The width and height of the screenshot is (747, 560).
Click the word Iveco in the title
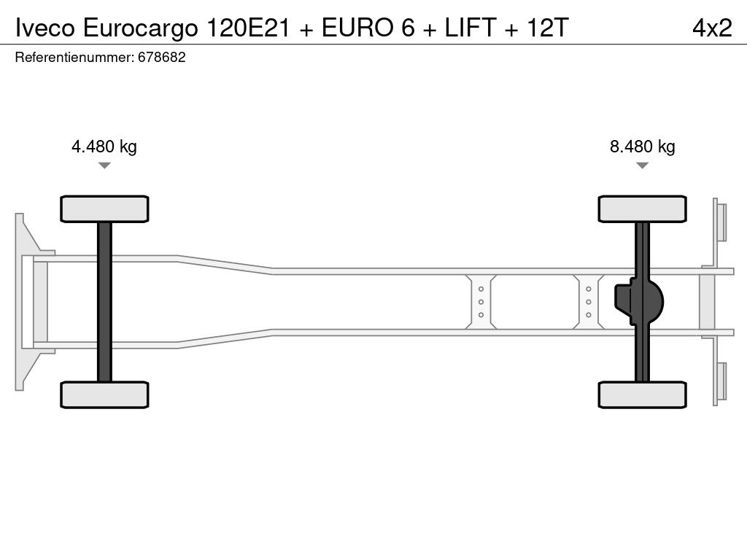coord(44,28)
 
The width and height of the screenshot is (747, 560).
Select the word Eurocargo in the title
coord(141,28)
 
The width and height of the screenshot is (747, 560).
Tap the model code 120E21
coord(248,28)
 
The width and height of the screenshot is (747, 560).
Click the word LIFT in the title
coord(471,28)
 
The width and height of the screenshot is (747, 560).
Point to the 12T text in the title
coord(547,28)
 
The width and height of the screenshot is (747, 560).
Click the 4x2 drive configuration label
coord(712,28)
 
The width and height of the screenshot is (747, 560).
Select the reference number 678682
coord(161,57)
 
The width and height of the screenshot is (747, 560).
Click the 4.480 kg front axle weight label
coord(104,147)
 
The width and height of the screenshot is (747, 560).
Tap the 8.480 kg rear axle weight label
coord(642,147)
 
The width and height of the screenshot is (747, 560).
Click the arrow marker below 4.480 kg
coord(104,166)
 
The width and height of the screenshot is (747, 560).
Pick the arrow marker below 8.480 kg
coord(642,166)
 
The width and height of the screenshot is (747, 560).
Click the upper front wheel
coord(104,209)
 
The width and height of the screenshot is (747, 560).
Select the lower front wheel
coord(104,394)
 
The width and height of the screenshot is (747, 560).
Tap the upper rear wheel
coord(642,209)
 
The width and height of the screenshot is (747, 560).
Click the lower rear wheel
coord(642,394)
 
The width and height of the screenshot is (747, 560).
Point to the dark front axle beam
coord(104,302)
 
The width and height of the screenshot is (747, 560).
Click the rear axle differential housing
coord(638,302)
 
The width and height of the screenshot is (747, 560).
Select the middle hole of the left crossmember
coord(481,302)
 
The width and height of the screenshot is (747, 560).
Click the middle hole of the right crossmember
coord(589,302)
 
